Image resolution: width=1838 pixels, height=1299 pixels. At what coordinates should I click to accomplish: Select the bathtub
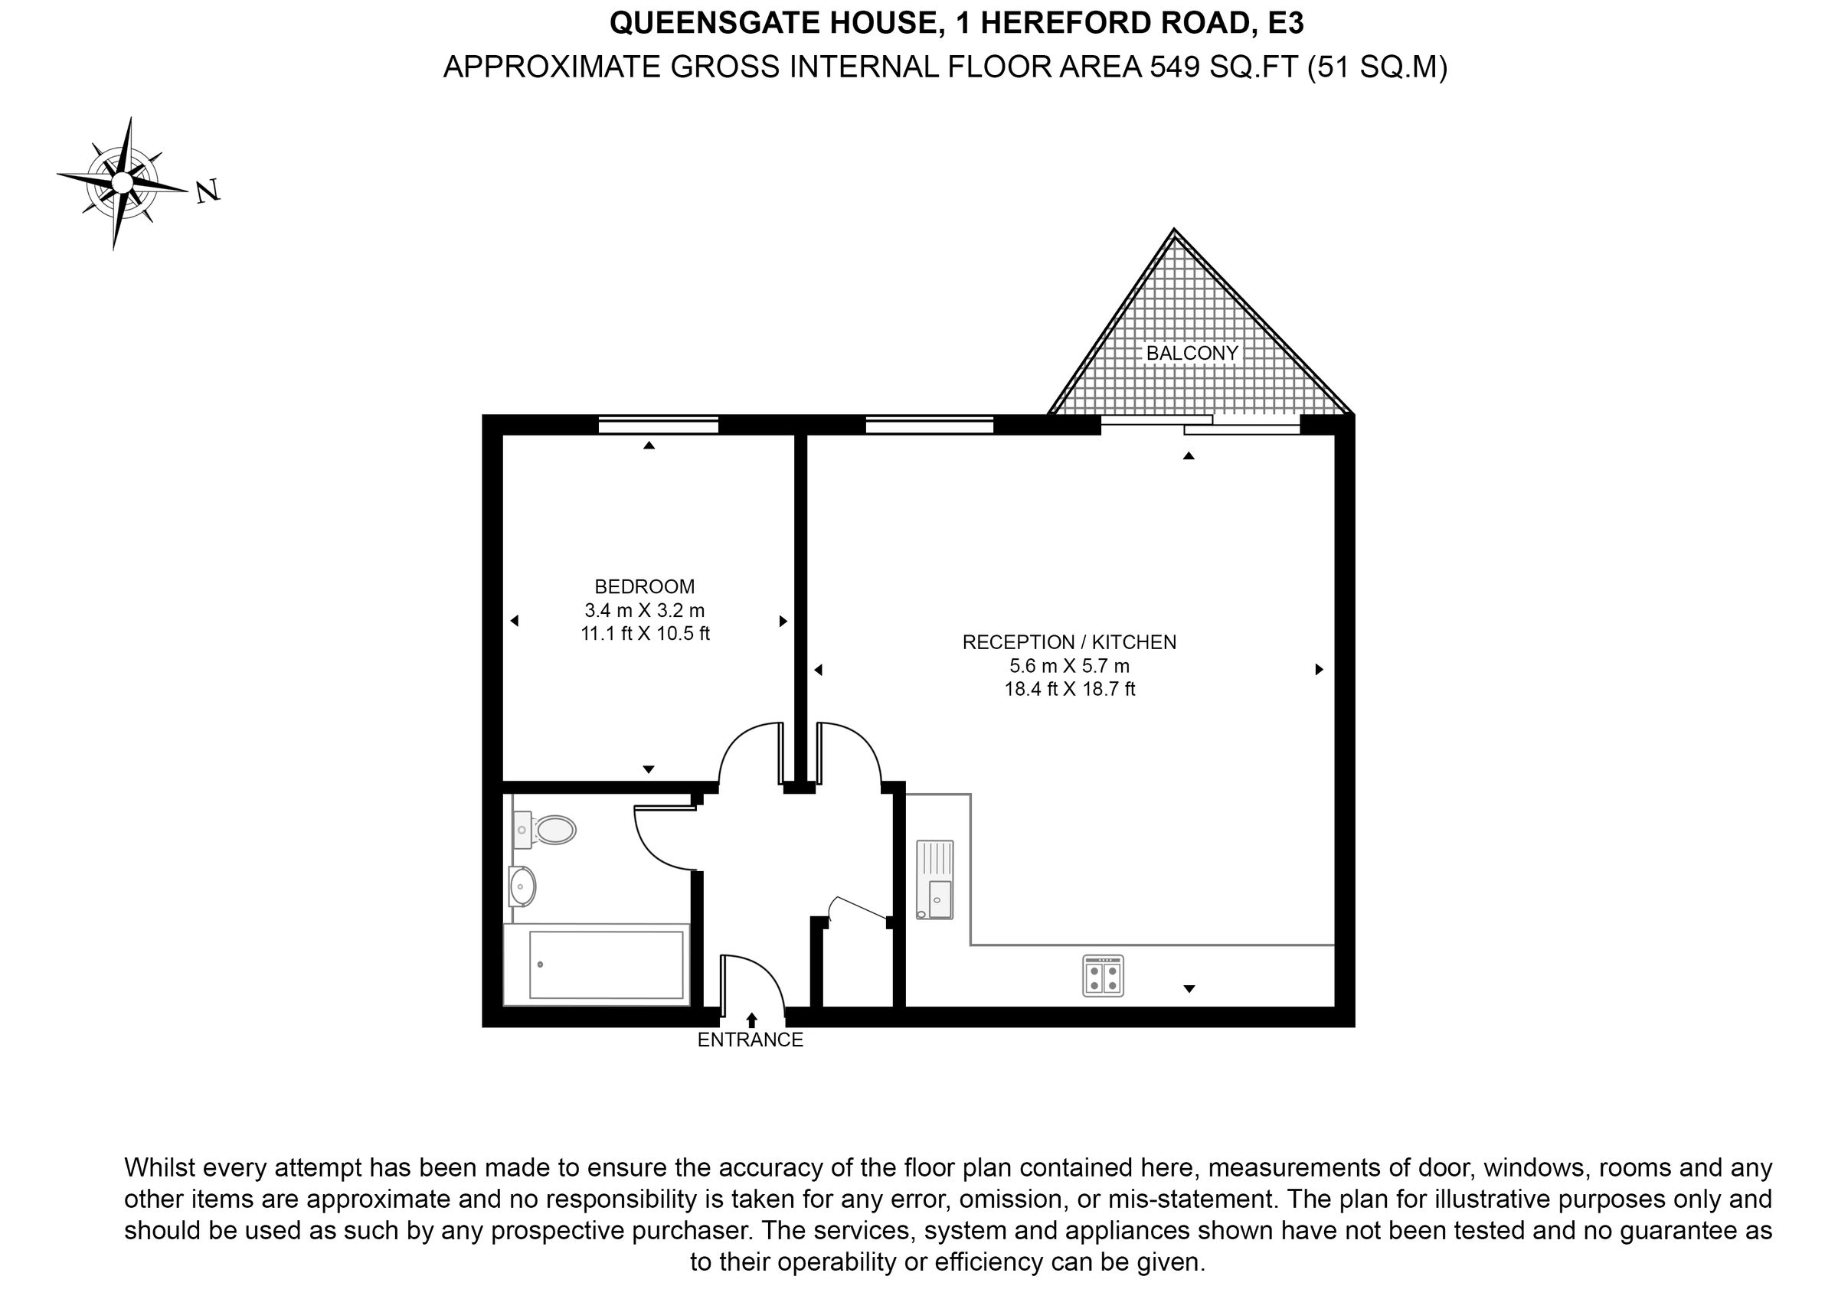597,964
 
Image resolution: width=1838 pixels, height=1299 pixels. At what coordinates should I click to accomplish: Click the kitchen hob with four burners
1103,977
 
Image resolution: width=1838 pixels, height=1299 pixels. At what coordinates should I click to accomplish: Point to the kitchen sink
935,879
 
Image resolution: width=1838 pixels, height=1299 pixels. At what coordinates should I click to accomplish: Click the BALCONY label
1192,353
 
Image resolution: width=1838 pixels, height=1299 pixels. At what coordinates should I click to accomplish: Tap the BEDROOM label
644,586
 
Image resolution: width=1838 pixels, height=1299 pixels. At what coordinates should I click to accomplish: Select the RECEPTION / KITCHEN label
1068,642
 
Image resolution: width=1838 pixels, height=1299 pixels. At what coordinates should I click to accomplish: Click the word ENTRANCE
750,1040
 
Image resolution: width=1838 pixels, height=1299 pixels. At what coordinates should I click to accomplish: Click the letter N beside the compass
208,191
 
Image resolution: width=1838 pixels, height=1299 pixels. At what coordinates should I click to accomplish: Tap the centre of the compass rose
122,183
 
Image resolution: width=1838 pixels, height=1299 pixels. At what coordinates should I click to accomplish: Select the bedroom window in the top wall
658,425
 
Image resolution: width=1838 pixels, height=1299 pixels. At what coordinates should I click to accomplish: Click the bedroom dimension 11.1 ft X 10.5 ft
644,634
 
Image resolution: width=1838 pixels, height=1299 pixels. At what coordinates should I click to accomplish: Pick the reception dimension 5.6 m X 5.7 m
1068,666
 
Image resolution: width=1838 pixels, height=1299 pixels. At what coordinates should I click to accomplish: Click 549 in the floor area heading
1174,67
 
